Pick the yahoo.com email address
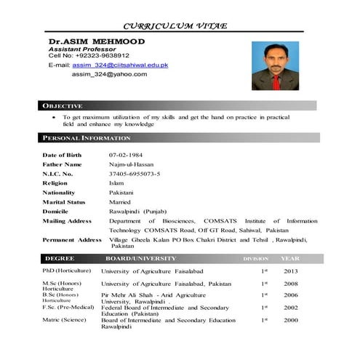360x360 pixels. coord(109,74)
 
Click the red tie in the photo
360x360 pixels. coord(276,81)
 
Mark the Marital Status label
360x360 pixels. coord(64,202)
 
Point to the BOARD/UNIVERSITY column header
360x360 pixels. coord(140,259)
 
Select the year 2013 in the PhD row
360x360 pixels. coord(291,271)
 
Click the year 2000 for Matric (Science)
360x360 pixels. coord(291,320)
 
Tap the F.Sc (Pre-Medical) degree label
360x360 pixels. coord(69,308)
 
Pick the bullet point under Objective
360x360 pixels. coord(54,116)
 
